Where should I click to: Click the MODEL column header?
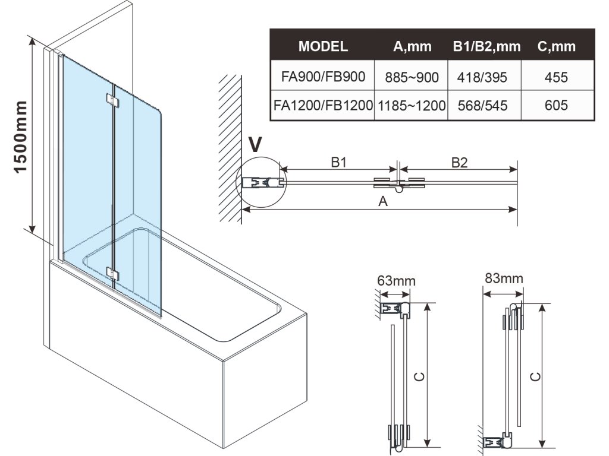pos(323,46)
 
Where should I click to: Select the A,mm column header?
pos(412,46)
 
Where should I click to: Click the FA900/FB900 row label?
pos(323,77)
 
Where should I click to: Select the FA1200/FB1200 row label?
pos(323,106)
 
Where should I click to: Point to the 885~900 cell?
pos(412,77)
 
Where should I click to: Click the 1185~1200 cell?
pos(412,106)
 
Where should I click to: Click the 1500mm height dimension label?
pos(20,136)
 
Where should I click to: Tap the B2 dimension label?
pos(459,162)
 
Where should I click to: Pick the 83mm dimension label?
pos(504,278)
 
